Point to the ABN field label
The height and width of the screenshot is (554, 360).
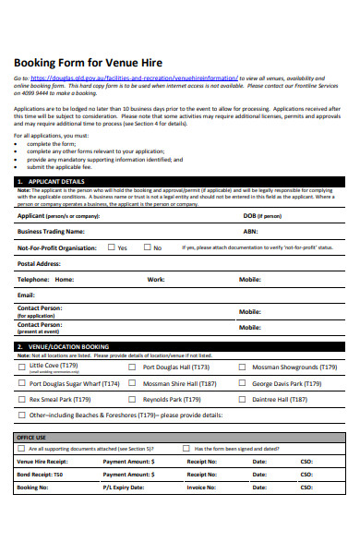pyautogui.click(x=249, y=231)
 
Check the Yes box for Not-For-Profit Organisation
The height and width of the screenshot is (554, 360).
pyautogui.click(x=111, y=247)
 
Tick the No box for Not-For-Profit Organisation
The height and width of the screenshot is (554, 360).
pyautogui.click(x=146, y=247)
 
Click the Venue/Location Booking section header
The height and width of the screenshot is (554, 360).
pyautogui.click(x=66, y=346)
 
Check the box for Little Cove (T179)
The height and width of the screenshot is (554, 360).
pyautogui.click(x=22, y=367)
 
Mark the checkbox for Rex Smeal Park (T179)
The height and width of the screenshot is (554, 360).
pyautogui.click(x=22, y=400)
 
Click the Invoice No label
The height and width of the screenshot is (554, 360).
pyautogui.click(x=201, y=486)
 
